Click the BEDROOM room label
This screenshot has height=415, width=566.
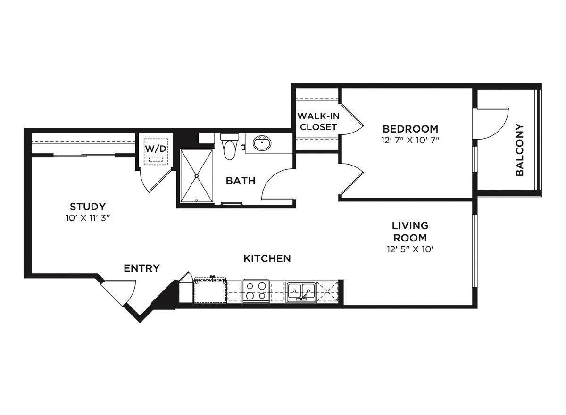tap(410, 128)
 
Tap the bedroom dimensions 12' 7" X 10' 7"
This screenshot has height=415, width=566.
tap(410, 140)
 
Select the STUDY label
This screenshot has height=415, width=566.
tap(88, 206)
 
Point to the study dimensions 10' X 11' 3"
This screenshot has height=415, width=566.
tap(88, 218)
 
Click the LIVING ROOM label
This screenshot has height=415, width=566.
tap(409, 232)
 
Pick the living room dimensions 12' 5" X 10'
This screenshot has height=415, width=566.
tap(409, 249)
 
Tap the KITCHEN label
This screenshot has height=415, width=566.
tap(267, 258)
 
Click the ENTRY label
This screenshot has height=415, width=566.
tap(141, 268)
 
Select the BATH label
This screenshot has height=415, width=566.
tap(240, 181)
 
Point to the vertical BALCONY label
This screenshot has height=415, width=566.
tap(520, 150)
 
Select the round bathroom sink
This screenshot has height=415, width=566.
tap(262, 142)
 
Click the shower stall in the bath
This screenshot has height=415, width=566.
tap(197, 175)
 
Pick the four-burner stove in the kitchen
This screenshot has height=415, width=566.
tap(256, 291)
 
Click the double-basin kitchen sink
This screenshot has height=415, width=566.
tap(301, 291)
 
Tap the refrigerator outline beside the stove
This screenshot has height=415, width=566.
tap(210, 290)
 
